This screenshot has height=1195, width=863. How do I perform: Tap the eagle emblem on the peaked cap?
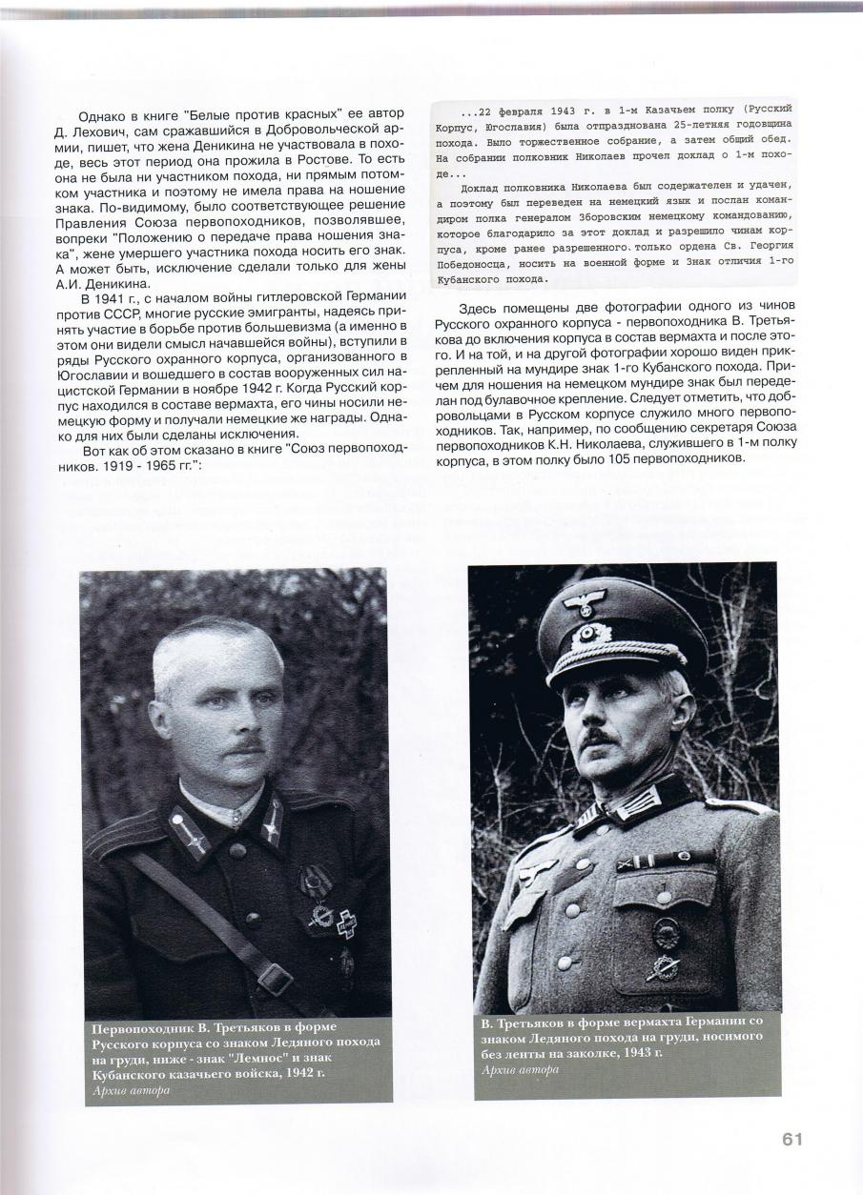tap(584, 602)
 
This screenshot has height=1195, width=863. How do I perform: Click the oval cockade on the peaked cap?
tap(589, 634)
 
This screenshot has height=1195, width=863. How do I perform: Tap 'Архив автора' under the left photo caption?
tap(132, 1090)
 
